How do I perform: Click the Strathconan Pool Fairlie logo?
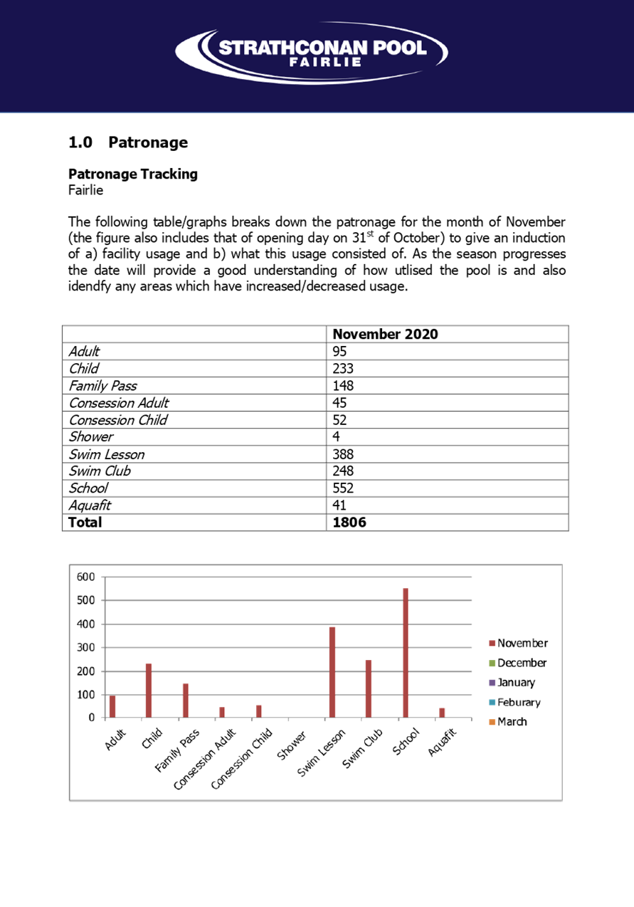click(x=312, y=53)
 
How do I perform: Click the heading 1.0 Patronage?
click(x=128, y=142)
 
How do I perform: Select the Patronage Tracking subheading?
click(x=133, y=174)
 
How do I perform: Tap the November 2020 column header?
click(x=385, y=334)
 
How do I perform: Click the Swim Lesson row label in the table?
click(x=107, y=454)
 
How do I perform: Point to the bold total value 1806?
click(x=349, y=523)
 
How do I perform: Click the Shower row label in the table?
click(x=91, y=437)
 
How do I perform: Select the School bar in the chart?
click(x=406, y=653)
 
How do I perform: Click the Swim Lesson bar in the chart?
click(x=332, y=672)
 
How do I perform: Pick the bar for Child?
click(x=149, y=691)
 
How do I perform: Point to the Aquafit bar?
click(x=442, y=713)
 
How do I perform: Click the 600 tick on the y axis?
click(x=85, y=577)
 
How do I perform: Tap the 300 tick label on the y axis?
click(x=85, y=647)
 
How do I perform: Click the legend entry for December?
click(x=517, y=663)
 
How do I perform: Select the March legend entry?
click(x=508, y=722)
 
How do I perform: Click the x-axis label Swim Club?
click(x=362, y=748)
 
